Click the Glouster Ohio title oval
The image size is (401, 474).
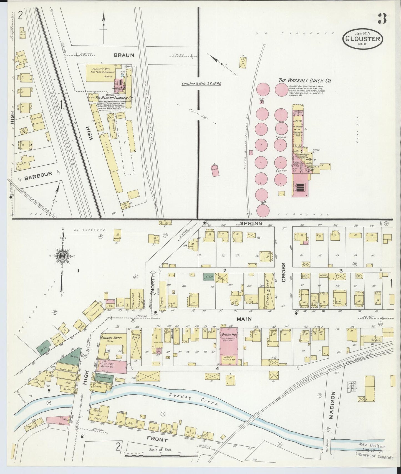click(x=363, y=39)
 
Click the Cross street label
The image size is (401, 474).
click(x=284, y=276)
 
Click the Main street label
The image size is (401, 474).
click(x=244, y=319)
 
